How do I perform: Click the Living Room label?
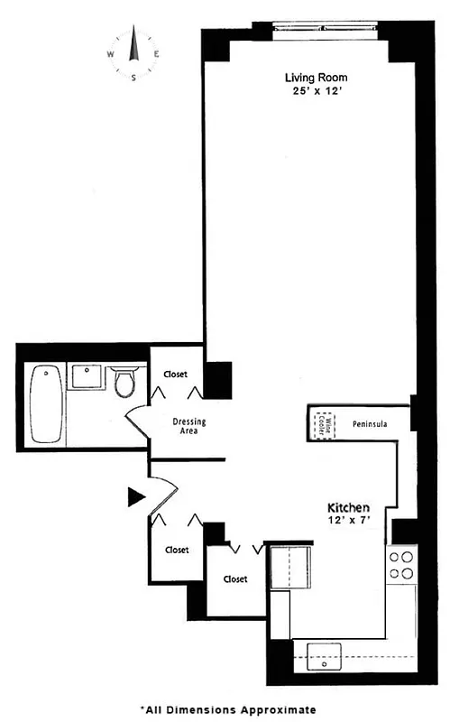pyautogui.click(x=316, y=77)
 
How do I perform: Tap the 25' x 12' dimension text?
pyautogui.click(x=316, y=91)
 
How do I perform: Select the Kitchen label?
pyautogui.click(x=348, y=508)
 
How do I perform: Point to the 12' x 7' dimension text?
pyautogui.click(x=348, y=522)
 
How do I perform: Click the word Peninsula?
pyautogui.click(x=370, y=421)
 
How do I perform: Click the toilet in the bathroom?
pyautogui.click(x=125, y=381)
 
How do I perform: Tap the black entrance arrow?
pyautogui.click(x=136, y=495)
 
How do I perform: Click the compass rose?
pyautogui.click(x=133, y=53)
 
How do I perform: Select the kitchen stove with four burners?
pyautogui.click(x=400, y=564)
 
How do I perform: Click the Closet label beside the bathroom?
pyautogui.click(x=175, y=374)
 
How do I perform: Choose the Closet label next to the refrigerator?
pyautogui.click(x=235, y=579)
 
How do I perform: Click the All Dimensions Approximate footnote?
pyautogui.click(x=228, y=710)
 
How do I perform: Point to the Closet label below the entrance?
pyautogui.click(x=177, y=550)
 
